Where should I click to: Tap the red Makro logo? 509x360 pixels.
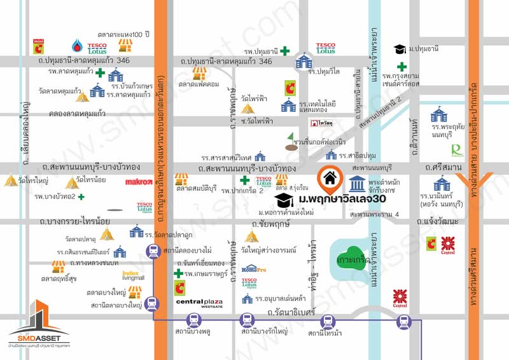[138, 182]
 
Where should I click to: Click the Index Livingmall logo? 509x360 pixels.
[134, 275]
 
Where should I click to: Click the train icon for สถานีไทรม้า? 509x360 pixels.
[328, 322]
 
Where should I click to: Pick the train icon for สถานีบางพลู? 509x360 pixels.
[196, 322]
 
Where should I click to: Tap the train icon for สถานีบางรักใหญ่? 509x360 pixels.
[246, 322]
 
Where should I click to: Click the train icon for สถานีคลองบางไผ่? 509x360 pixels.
[153, 253]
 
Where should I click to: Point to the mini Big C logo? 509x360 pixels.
[38, 46]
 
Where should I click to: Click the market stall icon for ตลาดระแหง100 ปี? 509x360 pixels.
[125, 46]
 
